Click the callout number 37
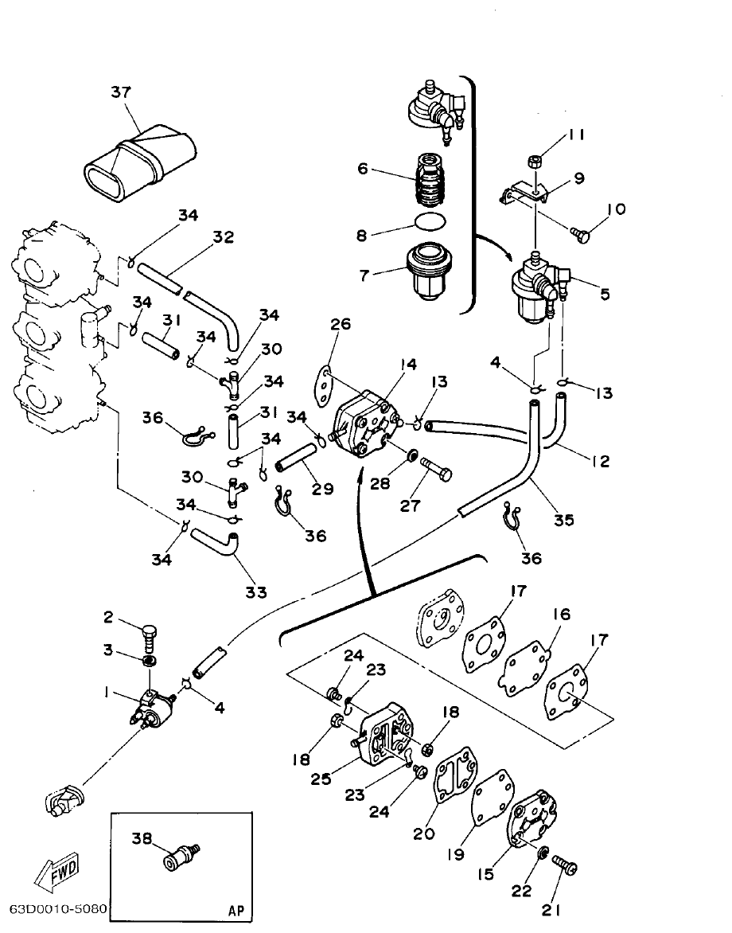click(x=120, y=93)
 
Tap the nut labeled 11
click(x=535, y=162)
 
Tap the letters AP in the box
click(x=236, y=909)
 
